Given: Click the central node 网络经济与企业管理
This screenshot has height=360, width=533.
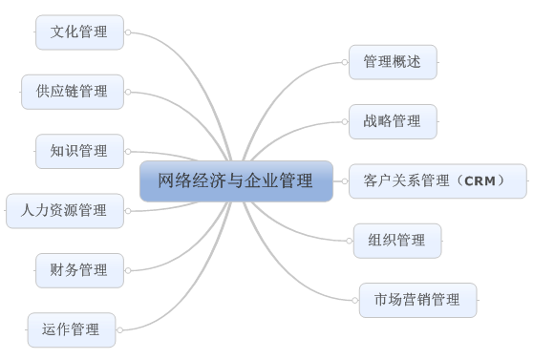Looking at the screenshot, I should point(236,180).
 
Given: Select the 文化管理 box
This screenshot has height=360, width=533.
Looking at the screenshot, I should point(79,32).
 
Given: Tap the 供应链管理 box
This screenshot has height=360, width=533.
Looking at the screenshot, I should point(73,92).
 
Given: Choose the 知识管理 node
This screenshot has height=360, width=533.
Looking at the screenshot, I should point(79,151).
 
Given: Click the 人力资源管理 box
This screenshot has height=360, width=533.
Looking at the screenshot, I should point(65,210).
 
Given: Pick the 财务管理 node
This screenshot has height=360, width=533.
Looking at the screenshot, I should point(79,270).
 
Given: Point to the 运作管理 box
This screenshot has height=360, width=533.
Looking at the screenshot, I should point(72,329).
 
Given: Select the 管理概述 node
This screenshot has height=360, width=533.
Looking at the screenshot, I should point(393,62).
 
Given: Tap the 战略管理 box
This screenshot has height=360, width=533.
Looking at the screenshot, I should point(393,121).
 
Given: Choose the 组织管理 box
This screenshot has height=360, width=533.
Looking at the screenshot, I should point(397,240).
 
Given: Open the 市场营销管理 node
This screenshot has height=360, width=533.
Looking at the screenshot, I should point(418,300).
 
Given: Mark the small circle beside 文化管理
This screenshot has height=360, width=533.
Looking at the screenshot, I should point(127,32).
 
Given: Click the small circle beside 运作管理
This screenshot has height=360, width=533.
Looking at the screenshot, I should point(119,330).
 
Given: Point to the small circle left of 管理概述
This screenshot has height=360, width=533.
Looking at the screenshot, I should point(345,62).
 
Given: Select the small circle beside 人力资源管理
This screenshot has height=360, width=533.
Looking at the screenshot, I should point(127,210).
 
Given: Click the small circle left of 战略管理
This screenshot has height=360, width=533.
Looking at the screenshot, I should point(345,121).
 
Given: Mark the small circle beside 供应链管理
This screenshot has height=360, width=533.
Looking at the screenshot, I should point(127,92).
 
